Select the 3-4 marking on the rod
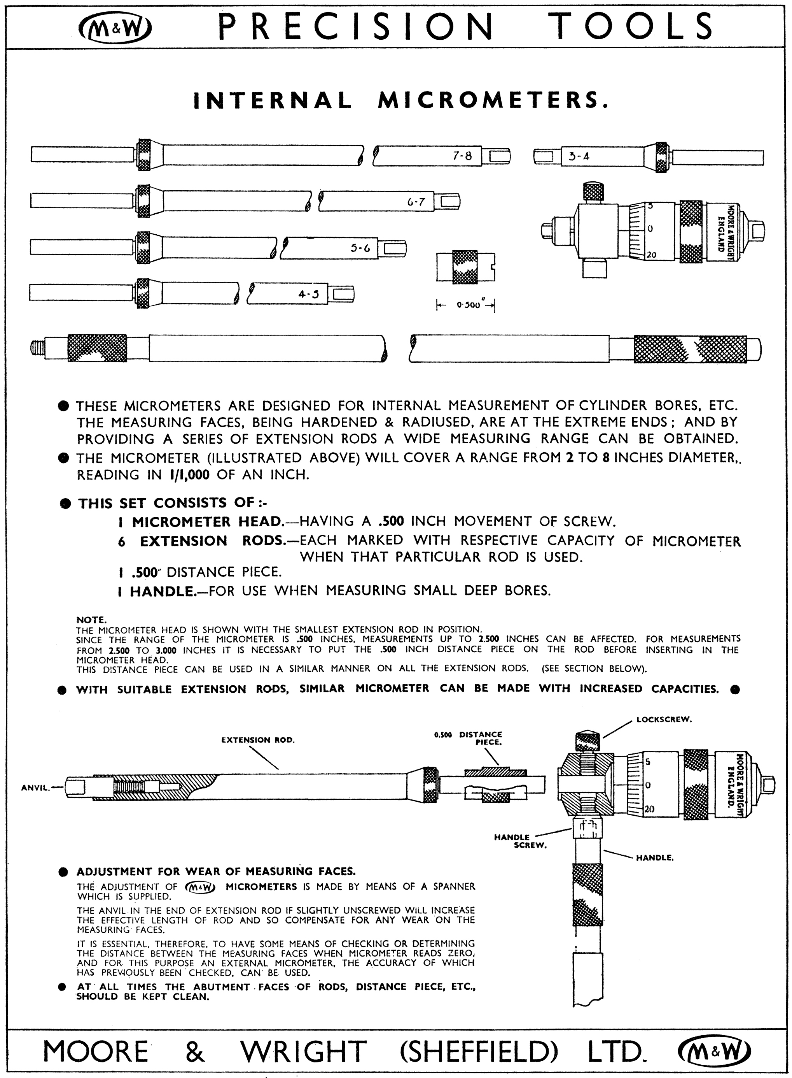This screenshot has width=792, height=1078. (x=579, y=156)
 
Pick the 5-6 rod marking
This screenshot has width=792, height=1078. (x=360, y=248)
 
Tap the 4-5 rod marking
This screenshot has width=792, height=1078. (x=309, y=294)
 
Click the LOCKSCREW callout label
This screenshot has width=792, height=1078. (x=664, y=720)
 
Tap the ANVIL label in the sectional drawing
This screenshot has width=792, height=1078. (x=35, y=787)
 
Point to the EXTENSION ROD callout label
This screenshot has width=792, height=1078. (x=258, y=740)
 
